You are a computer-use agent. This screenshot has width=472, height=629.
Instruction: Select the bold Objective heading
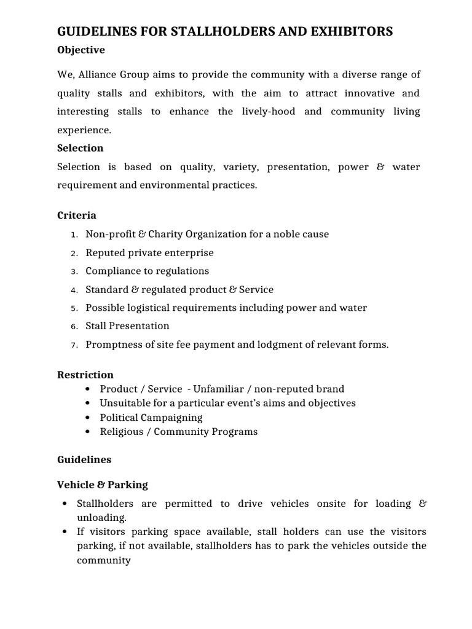click(x=81, y=50)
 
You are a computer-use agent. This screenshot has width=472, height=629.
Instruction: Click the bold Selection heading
click(x=80, y=148)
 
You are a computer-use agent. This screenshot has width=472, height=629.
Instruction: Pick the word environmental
click(x=156, y=185)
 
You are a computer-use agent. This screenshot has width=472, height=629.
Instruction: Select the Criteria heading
click(x=76, y=215)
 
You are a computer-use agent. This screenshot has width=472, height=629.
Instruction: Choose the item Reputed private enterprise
click(x=149, y=252)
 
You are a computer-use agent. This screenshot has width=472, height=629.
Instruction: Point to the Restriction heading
click(x=85, y=375)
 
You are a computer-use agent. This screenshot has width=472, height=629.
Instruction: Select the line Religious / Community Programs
click(x=178, y=432)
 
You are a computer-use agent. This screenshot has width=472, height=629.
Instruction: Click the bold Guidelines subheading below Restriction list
click(x=84, y=459)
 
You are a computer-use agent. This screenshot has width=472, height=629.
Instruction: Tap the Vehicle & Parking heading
click(x=102, y=485)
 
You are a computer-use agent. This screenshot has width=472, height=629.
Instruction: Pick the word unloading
click(x=101, y=518)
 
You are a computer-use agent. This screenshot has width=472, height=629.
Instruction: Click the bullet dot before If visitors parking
click(x=65, y=532)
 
